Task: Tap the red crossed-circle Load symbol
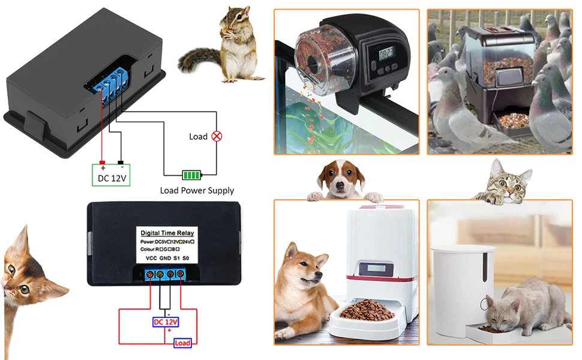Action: (217, 136)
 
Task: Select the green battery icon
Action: (191, 175)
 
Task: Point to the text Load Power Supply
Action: (197, 191)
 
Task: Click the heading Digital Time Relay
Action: (167, 233)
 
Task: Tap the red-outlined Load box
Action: (182, 343)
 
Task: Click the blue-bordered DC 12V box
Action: (166, 322)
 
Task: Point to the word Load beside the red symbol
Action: (198, 136)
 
